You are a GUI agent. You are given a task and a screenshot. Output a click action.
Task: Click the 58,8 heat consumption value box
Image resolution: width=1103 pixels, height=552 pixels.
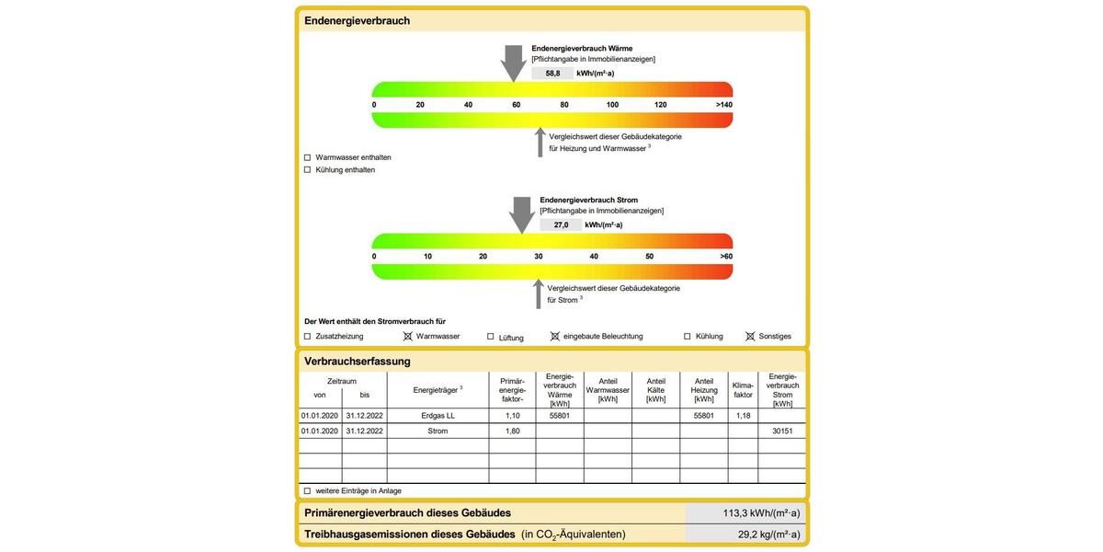point(552,73)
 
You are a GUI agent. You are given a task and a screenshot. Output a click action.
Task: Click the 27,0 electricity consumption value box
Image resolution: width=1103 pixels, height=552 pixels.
point(561,224)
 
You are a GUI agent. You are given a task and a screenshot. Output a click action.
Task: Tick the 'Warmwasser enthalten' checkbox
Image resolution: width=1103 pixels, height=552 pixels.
point(308,157)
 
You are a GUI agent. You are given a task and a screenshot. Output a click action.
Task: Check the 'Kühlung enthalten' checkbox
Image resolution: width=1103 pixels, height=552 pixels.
point(308,170)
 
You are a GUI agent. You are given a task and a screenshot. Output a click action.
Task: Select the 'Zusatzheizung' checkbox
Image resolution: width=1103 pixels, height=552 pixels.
point(308,337)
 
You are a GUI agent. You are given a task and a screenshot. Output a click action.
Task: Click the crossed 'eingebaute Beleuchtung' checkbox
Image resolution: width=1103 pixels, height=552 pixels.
point(554,337)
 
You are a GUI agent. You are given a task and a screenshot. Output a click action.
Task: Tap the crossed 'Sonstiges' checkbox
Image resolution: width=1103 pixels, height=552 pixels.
point(750,337)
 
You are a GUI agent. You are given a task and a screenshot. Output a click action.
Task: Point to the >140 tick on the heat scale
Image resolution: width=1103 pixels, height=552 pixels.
point(723,105)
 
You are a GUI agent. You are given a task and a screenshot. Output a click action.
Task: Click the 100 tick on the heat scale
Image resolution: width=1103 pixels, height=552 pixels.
point(612,105)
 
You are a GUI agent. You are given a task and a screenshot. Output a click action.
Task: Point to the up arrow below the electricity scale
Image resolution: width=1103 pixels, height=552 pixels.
point(540,293)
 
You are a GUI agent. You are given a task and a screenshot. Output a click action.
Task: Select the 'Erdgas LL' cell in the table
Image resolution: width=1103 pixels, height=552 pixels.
point(438,416)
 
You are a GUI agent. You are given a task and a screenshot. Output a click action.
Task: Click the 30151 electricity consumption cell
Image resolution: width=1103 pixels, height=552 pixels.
point(782,431)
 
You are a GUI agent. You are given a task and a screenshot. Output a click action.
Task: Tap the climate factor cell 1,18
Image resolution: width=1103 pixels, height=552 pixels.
point(743,416)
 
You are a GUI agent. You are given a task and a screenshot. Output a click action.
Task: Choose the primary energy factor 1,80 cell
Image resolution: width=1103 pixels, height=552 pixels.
point(512,431)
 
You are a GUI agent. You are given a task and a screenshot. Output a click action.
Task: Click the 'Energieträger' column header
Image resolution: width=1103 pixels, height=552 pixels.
point(438,390)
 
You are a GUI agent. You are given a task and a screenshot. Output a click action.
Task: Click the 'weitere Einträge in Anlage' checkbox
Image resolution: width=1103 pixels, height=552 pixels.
point(308,491)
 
